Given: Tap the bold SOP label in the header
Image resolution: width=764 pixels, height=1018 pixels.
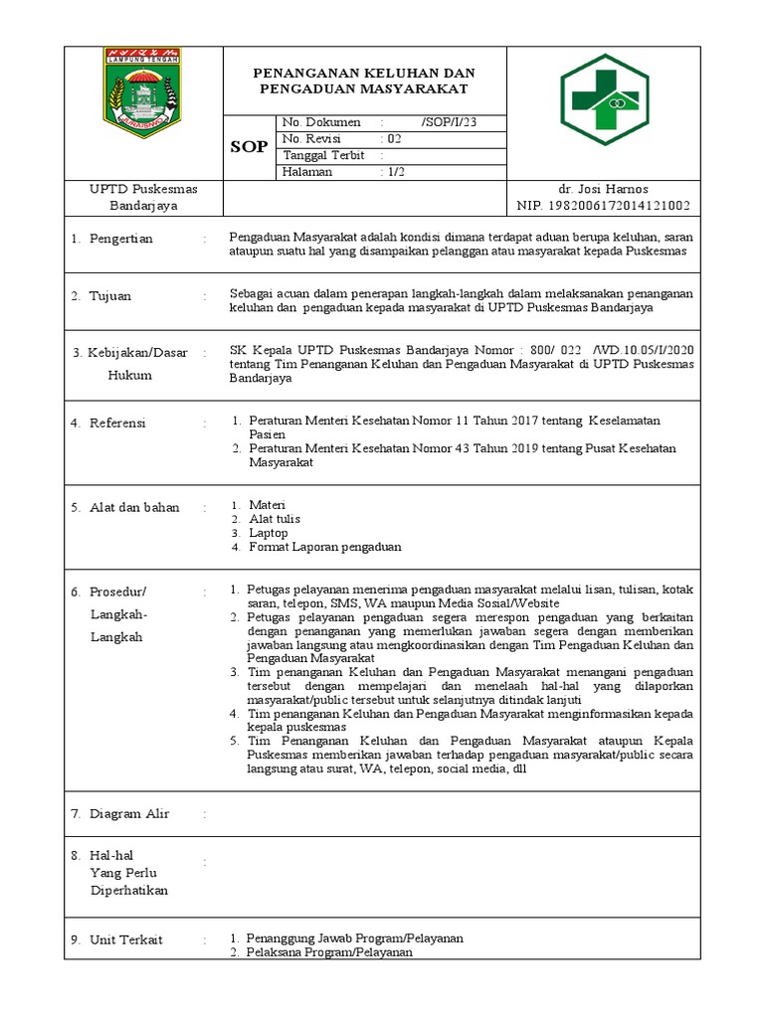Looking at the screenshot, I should coord(249,147).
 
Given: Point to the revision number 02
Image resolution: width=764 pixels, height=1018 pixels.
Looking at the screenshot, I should coord(395,139).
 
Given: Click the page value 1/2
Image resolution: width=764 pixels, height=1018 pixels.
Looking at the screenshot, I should coord(395,172).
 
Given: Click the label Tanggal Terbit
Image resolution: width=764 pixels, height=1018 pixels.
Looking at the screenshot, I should coord(323,155).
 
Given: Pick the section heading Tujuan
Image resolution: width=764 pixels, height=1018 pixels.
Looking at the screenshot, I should coord(109,296).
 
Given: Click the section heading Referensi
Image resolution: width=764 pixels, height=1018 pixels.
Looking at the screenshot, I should coord(117,423).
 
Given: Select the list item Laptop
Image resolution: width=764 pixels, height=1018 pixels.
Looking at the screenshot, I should coord(269,533).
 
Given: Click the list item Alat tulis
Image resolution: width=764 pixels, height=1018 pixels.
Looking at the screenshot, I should coord(275,519).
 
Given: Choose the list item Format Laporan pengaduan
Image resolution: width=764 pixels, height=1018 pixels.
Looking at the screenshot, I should coord(325,547).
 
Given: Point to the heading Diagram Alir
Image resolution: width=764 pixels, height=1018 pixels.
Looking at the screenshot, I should coord(129,813).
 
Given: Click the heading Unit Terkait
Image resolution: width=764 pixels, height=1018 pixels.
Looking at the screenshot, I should coord(126,939).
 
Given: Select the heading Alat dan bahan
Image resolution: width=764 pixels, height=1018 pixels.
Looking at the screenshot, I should coord(134,507).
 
